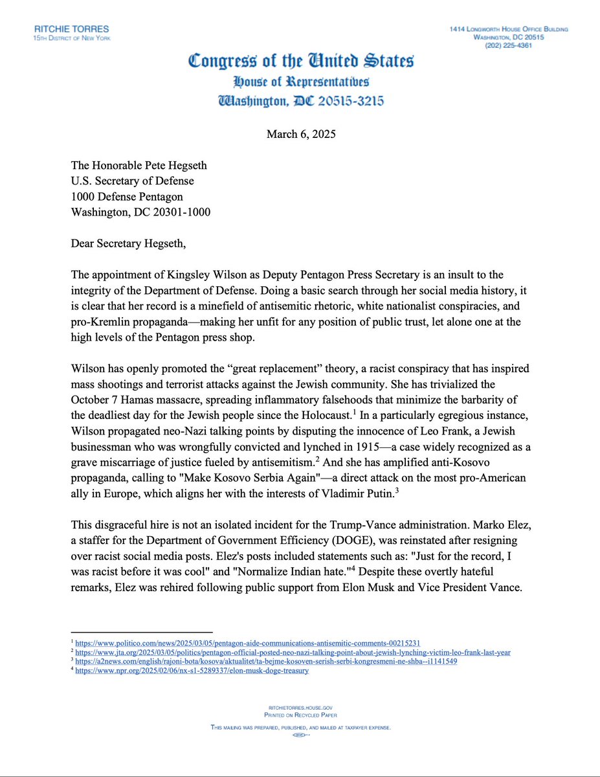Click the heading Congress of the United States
300,62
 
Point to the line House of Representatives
301,83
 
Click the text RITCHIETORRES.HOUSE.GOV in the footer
300,709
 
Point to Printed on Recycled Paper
300,715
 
